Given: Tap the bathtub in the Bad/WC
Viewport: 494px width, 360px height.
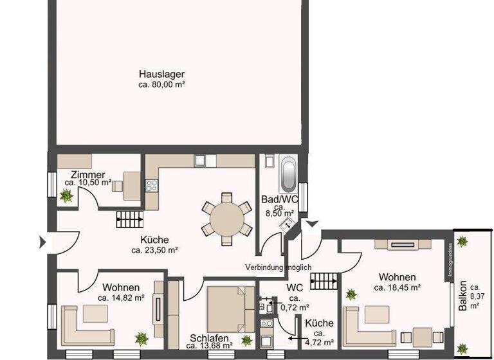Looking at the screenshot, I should tap(288, 172).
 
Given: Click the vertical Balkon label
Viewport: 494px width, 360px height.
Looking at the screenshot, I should tap(463, 299).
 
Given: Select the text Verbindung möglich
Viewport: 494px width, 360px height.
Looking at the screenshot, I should tap(278, 267).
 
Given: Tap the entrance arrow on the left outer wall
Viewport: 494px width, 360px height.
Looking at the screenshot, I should tap(44, 242).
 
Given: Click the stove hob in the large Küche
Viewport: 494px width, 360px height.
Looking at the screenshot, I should tap(152, 186).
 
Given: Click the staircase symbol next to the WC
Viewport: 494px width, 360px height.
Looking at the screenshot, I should tap(324, 280).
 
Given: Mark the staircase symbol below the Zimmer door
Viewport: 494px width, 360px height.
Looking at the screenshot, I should tap(129, 220).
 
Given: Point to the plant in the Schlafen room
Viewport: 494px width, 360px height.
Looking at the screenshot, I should tap(246, 339).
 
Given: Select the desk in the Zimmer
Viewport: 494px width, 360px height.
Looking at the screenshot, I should tap(133, 185).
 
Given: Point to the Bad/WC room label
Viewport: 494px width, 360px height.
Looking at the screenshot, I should tap(279, 199).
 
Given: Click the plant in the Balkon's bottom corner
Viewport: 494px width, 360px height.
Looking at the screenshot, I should tap(462, 349).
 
